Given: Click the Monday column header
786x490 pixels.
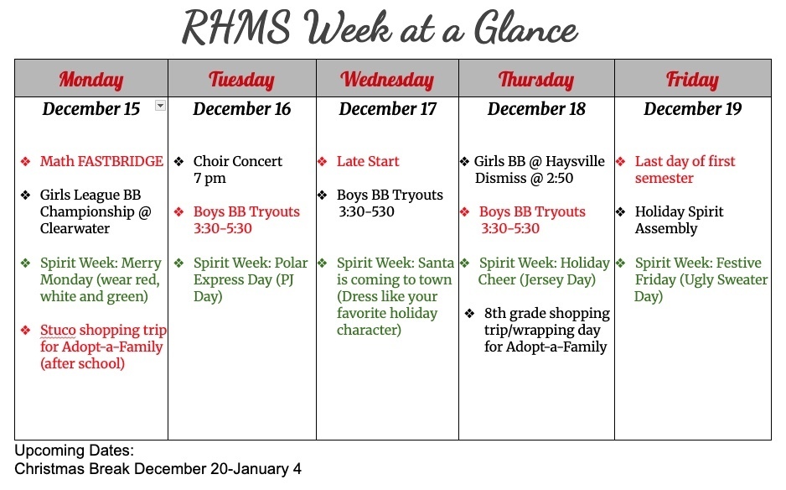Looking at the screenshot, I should coord(90,80).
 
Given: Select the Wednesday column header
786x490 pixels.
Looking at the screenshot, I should coord(387,80).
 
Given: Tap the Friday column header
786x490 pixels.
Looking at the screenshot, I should coord(692,80).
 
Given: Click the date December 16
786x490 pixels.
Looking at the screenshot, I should coord(242,109).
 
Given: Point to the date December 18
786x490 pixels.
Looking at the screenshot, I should coord(536,109).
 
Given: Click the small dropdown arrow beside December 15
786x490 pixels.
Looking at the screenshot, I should coord(160,106).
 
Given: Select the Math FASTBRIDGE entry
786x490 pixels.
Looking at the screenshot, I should coord(101,161).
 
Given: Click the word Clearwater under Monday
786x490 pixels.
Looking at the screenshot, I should coord(75,228).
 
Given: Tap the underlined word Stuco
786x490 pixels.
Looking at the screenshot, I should coord(58,331).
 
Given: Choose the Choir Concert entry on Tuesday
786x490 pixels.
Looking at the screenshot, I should coord(238,161).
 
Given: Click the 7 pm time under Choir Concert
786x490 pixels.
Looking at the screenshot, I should coord(209,178).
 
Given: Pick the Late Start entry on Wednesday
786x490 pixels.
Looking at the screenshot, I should coord(368,161).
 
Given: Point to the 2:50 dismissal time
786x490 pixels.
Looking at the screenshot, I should coord(559,178).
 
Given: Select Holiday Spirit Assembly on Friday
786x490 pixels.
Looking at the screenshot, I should coord(679,220).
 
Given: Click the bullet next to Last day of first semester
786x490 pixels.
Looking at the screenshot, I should coord(621,161).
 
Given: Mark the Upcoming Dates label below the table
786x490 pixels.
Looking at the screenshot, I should coord(75,451).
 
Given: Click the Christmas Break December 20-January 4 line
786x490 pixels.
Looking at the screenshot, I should coord(158,469).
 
